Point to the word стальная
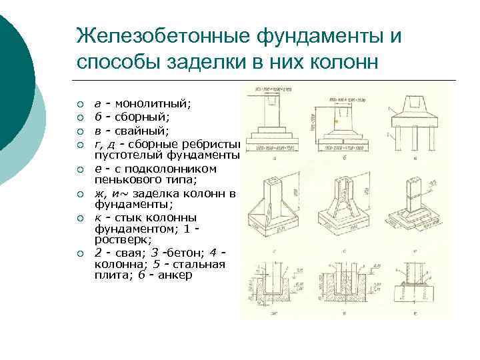[199, 264]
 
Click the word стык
[130, 217]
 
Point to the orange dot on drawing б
[337, 122]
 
